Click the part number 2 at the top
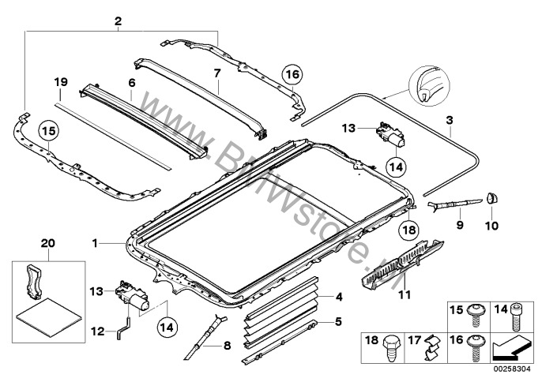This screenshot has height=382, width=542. click(x=118, y=20)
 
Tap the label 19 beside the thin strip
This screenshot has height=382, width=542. click(x=61, y=82)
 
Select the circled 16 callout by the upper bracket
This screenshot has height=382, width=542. click(x=292, y=74)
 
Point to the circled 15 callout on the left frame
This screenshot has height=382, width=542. click(x=49, y=131)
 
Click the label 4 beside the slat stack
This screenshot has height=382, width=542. click(x=340, y=297)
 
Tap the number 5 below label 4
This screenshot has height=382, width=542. click(x=340, y=322)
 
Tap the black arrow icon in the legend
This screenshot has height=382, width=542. click(x=513, y=346)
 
